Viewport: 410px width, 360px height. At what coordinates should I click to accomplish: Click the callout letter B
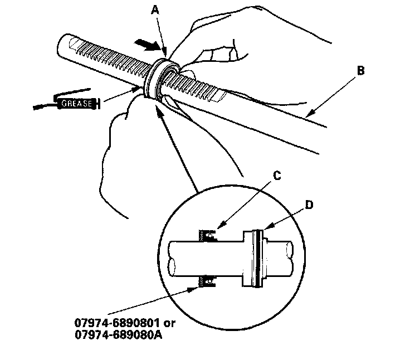(x=360, y=71)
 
